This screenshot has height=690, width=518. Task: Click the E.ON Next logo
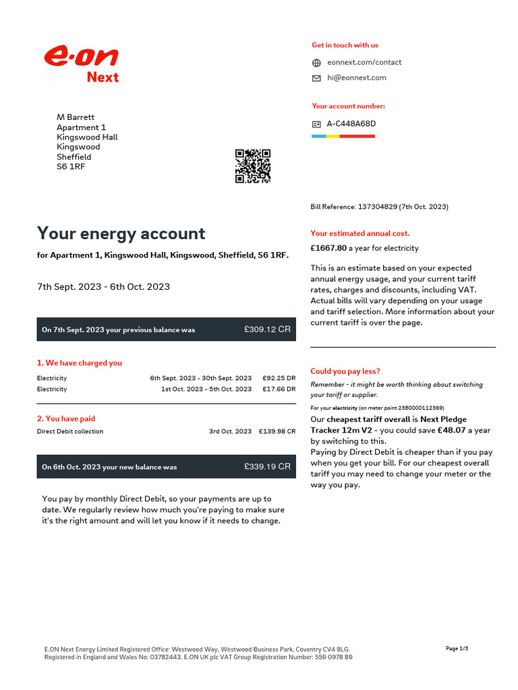coord(82,64)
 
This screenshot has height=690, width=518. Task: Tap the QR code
coord(253,166)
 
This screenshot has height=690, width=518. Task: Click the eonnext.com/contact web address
coord(364,62)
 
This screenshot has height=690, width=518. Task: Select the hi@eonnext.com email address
coord(357,77)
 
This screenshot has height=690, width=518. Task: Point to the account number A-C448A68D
coord(351,124)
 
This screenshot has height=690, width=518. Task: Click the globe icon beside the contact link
coord(316,63)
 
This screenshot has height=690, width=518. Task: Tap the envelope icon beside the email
coord(316,78)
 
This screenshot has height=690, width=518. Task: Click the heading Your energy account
coord(121,234)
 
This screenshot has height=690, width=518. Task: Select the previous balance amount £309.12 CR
coord(267,330)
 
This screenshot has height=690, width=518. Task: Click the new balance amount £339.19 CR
coord(267,466)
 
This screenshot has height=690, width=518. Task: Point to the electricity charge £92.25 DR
coord(279,379)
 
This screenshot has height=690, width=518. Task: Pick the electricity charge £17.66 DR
coord(279,389)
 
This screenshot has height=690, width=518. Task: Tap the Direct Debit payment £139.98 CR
coord(277,431)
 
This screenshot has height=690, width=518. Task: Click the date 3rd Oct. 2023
coord(230,431)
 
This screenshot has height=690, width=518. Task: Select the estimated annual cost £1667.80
coord(328,248)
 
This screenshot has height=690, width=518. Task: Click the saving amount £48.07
coord(452,430)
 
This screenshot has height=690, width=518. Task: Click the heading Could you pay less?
coord(345,371)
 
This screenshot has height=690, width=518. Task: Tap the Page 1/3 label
coord(457,648)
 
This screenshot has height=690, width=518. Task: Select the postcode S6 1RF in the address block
coord(71,166)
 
